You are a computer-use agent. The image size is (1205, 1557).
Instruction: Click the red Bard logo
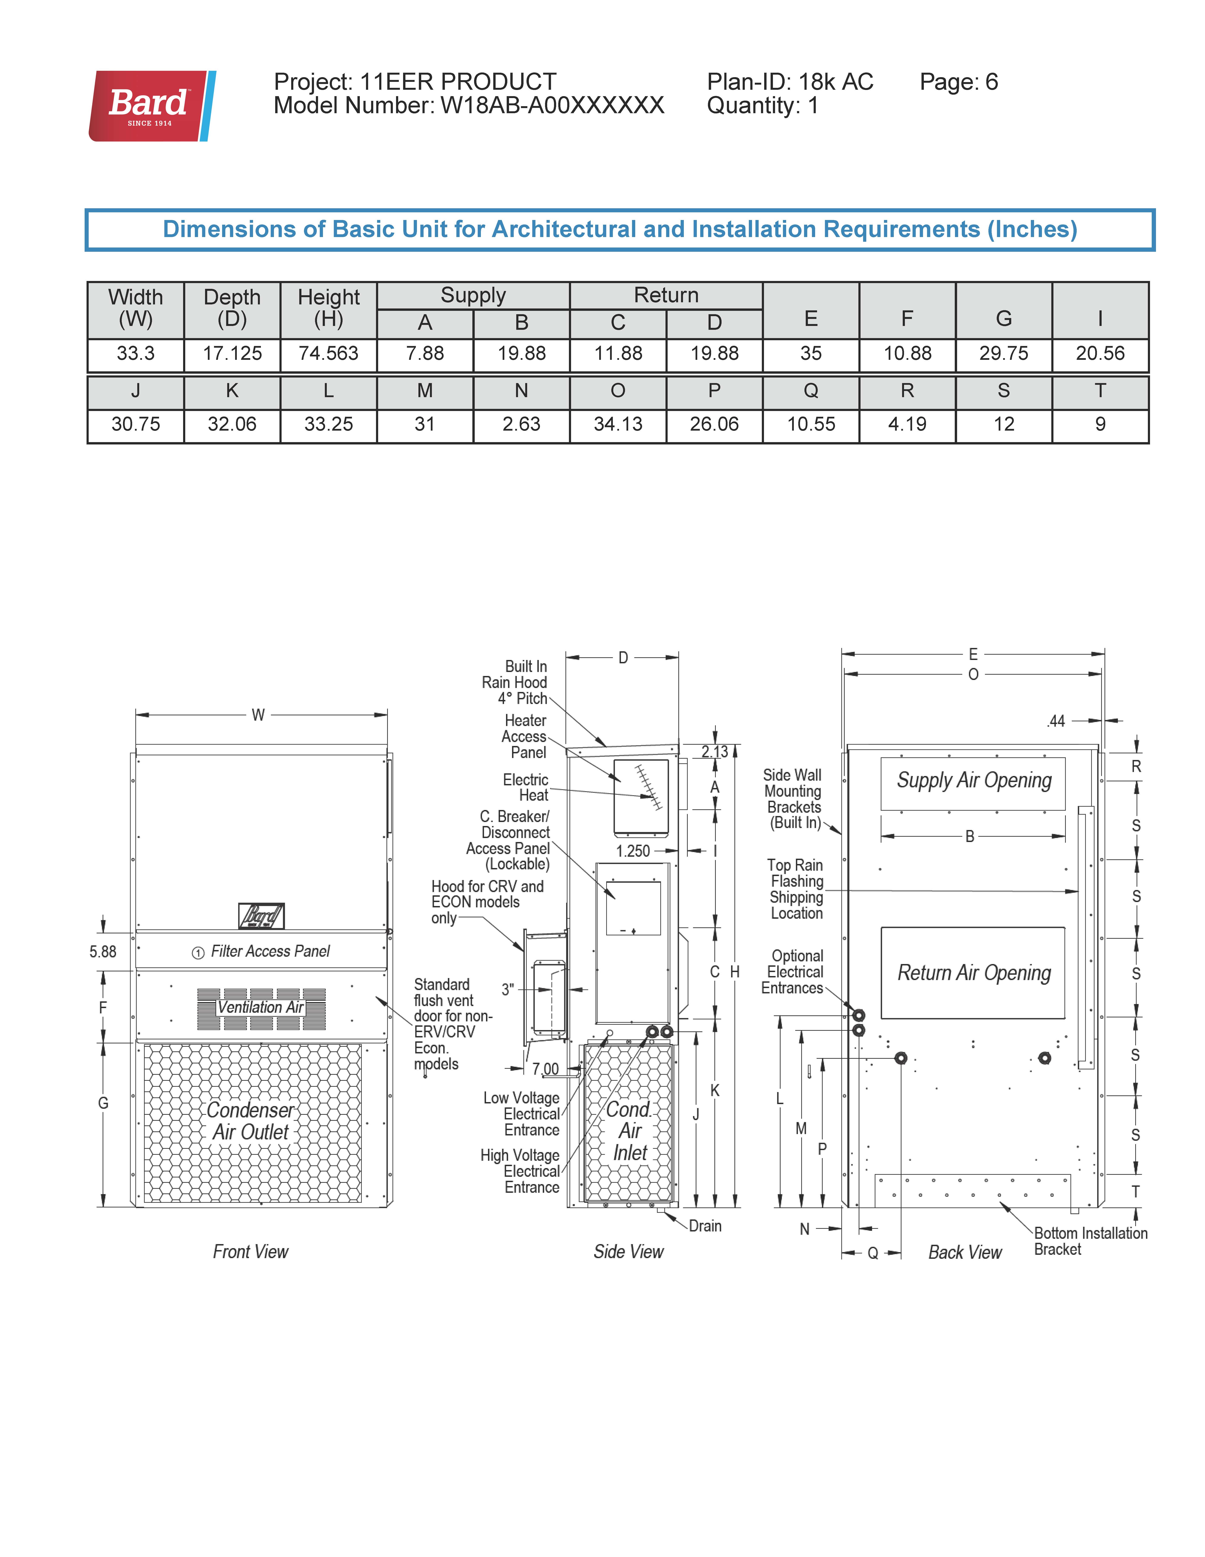click(151, 106)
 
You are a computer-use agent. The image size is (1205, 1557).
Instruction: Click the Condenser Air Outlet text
click(250, 1121)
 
